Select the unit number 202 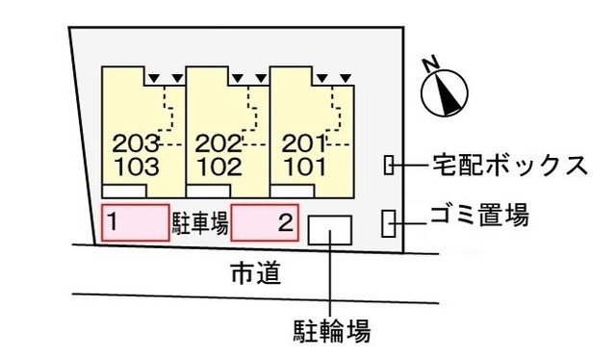218,144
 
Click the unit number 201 304,144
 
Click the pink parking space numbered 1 135,223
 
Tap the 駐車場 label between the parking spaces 200,224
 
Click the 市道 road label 255,273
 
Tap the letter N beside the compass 430,63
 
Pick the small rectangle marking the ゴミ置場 389,223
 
